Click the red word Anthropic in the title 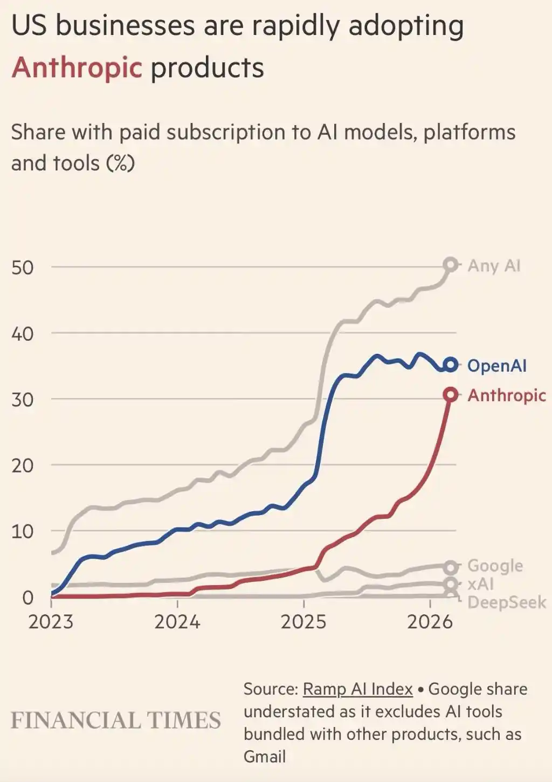77,68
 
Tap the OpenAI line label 496,366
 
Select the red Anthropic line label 506,395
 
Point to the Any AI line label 494,266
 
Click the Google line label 495,566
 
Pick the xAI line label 480,584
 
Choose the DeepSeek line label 506,602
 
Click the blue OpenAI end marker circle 451,365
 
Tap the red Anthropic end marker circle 451,395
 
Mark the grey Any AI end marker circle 451,265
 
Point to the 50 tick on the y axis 23,267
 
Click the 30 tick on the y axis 23,400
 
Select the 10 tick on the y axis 23,532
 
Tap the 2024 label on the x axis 177,622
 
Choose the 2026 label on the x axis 430,622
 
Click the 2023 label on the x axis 51,622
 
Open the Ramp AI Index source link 357,689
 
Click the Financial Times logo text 116,721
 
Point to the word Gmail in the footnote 264,757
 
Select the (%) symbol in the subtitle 120,163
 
